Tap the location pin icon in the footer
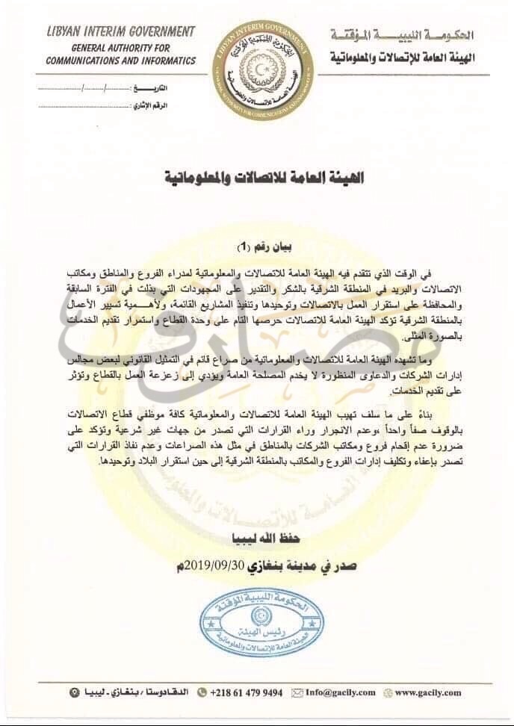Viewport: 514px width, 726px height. tap(72, 692)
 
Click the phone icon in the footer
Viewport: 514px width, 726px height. tap(201, 692)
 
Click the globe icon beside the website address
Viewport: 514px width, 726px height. tap(389, 692)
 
